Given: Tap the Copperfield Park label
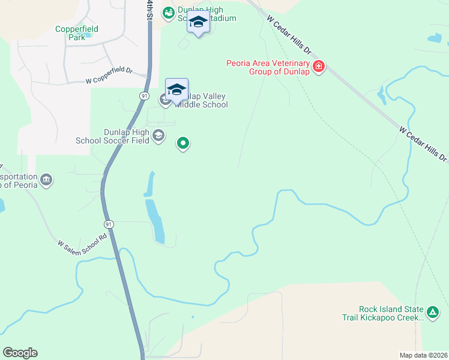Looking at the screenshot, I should click(77, 33).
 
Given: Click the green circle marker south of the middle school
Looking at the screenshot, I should click(183, 143).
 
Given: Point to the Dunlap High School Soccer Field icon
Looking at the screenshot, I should click(158, 135).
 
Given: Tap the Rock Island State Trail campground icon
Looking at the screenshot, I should click(433, 311).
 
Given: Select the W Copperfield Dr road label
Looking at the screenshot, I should click(109, 75).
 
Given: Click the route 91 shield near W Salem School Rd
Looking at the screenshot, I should click(109, 223).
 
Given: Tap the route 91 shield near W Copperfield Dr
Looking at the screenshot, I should click(145, 96).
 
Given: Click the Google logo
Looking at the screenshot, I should click(20, 353).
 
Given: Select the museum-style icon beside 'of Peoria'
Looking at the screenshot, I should click(46, 179).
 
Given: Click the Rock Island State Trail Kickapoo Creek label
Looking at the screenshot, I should click(382, 313).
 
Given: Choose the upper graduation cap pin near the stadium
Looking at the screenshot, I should click(198, 23).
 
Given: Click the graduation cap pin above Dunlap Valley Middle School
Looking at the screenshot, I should click(176, 90).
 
